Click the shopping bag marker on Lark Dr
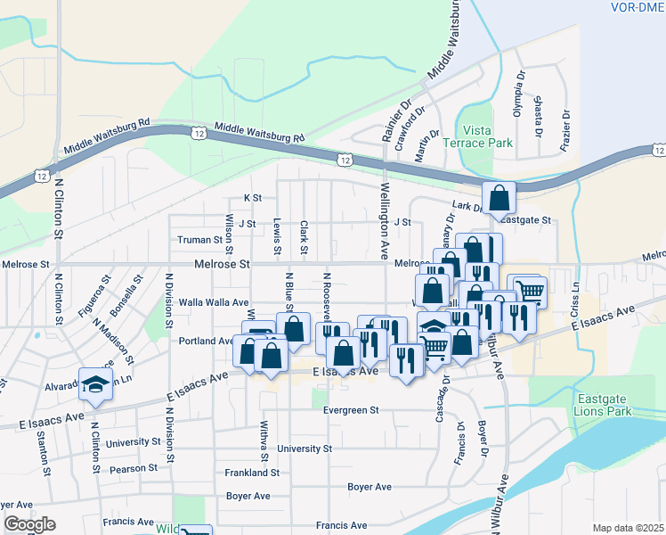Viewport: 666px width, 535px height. click(x=499, y=197)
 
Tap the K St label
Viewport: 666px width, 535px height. click(x=253, y=198)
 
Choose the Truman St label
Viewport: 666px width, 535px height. click(x=199, y=240)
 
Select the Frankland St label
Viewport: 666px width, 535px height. click(x=252, y=473)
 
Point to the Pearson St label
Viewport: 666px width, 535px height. click(x=133, y=467)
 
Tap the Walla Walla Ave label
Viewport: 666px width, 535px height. click(x=214, y=303)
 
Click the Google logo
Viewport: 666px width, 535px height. click(x=30, y=524)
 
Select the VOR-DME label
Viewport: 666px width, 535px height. click(x=638, y=7)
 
